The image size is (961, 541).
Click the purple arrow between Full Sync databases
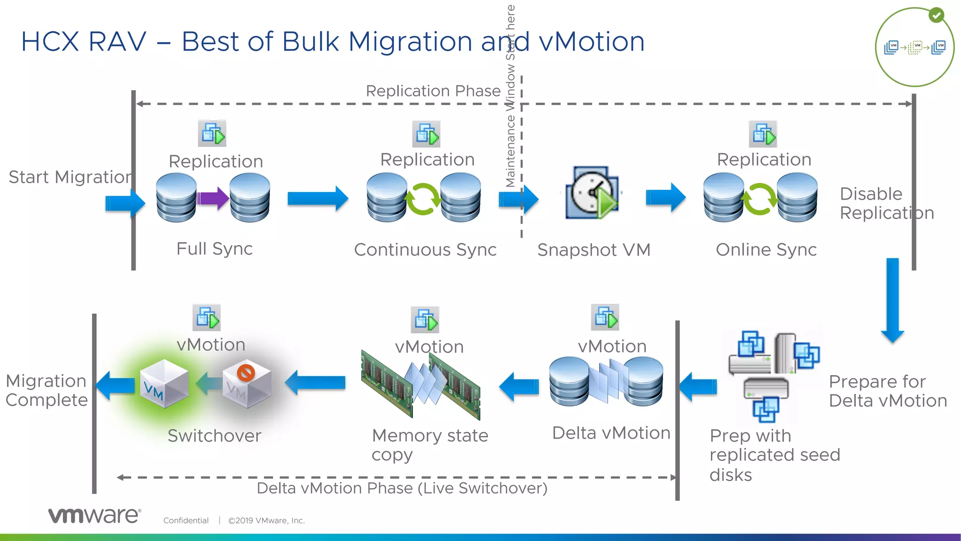[x=213, y=198]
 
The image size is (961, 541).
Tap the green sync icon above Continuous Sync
[x=423, y=199]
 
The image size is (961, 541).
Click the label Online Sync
[x=766, y=250]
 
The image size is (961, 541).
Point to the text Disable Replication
[x=886, y=203]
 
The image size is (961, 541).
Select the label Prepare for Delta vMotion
[x=887, y=391]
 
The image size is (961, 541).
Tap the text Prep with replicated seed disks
[x=774, y=455]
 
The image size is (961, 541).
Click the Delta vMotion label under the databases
[x=611, y=433]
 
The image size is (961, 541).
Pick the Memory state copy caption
[x=429, y=444]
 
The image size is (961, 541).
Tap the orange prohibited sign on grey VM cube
[x=246, y=373]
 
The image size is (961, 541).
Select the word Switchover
[x=214, y=436]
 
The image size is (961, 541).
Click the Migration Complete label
[x=46, y=390]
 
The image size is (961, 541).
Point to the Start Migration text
[x=70, y=177]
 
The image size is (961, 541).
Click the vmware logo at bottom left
[x=94, y=515]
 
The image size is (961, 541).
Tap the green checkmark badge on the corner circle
[x=936, y=15]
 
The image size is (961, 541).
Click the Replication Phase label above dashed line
[x=433, y=91]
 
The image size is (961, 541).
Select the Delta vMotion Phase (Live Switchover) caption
[x=402, y=488]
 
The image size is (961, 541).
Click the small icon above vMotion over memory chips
[x=425, y=320]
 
